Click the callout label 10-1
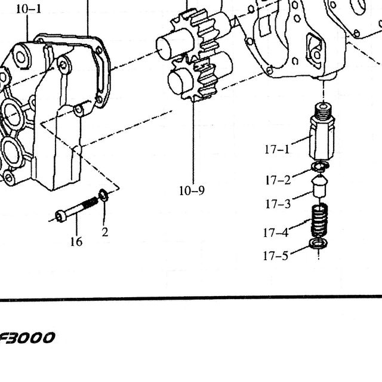(x=29, y=10)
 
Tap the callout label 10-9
(x=192, y=190)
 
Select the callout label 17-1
(x=277, y=149)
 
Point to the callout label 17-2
(x=278, y=180)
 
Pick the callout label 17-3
(x=278, y=204)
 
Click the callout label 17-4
(x=276, y=232)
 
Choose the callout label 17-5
(x=276, y=256)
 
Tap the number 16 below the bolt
(x=76, y=242)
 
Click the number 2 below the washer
(x=105, y=232)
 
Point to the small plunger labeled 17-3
(x=319, y=186)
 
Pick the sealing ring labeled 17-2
(x=321, y=166)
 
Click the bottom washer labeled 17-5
(x=318, y=244)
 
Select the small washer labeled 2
(x=103, y=195)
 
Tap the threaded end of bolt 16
(x=90, y=203)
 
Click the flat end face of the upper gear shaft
(x=162, y=49)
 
